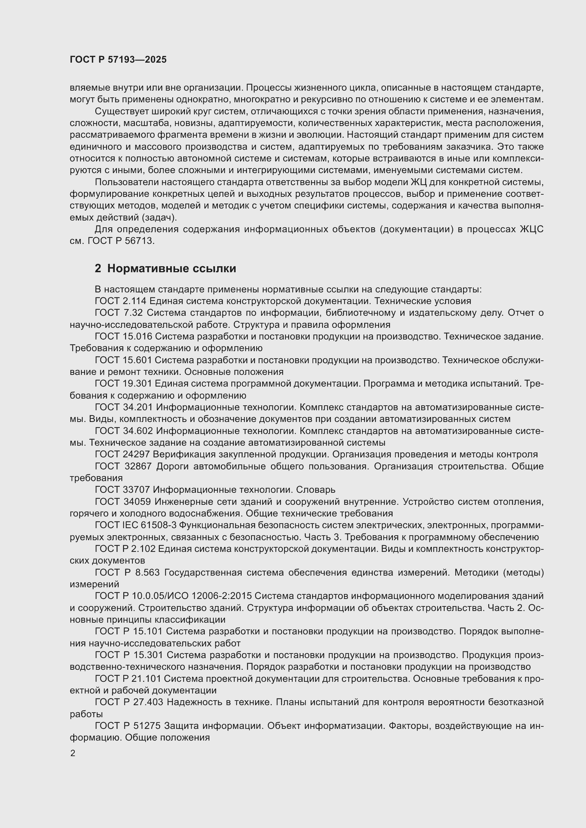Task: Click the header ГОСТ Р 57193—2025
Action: point(118,59)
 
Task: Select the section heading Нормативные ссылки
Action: point(171,269)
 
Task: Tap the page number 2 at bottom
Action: point(73,753)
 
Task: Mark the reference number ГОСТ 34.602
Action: point(124,431)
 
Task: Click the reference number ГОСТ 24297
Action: point(122,455)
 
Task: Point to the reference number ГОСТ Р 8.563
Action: point(127,572)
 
